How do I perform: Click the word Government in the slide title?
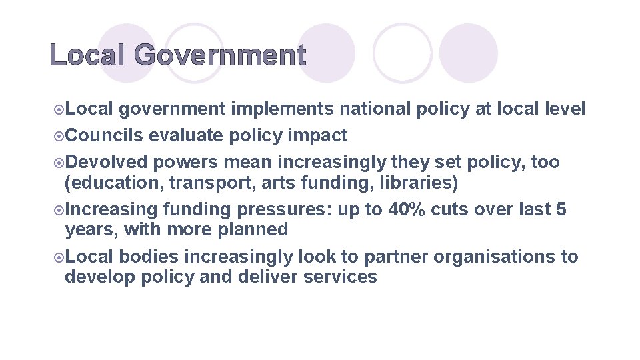tap(220, 55)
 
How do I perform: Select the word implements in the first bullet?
tap(283, 109)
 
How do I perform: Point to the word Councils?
tap(105, 135)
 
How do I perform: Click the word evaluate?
tap(187, 135)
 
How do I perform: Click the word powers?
tap(186, 163)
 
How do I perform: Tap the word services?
tap(340, 277)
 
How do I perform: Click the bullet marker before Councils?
tap(59, 136)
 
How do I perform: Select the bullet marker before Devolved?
tap(59, 163)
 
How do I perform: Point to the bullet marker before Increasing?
tap(59, 210)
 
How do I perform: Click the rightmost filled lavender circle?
tap(468, 53)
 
